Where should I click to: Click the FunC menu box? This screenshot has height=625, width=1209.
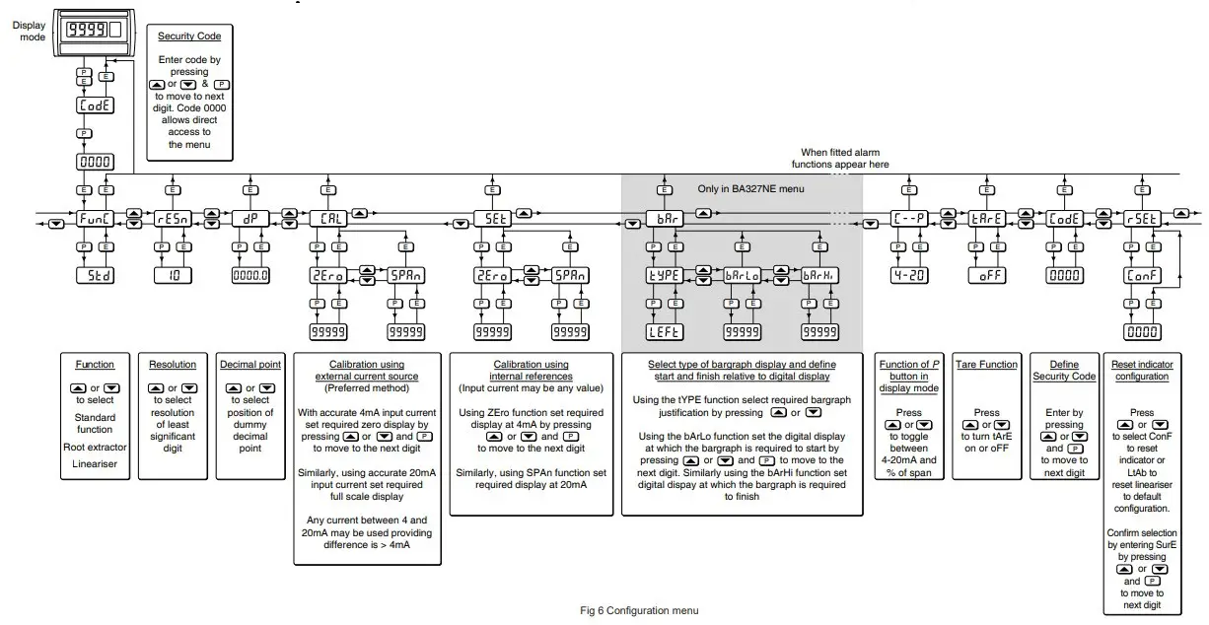point(95,219)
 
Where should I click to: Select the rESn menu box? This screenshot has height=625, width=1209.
point(172,219)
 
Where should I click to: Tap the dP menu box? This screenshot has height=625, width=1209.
point(249,219)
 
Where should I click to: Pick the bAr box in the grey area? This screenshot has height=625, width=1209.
point(664,219)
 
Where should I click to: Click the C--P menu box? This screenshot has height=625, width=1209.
point(906,219)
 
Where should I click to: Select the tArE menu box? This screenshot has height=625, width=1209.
point(986,219)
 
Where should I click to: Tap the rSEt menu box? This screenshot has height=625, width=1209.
point(1142,219)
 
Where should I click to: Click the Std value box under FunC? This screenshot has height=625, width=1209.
point(95,276)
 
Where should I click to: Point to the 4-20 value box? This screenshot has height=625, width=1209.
point(906,276)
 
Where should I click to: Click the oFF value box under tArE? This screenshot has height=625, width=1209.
point(986,276)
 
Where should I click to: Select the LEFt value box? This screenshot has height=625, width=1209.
point(664,332)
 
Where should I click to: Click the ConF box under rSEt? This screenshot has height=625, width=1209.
point(1142,276)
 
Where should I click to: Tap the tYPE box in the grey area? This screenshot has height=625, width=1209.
point(664,276)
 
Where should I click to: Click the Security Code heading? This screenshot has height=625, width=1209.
point(189,36)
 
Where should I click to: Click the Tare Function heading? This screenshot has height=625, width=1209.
point(986,364)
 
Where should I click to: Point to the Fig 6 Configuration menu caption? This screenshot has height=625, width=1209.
point(639,611)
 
